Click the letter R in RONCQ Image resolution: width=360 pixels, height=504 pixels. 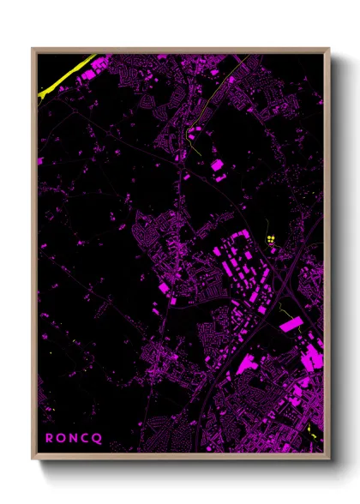(x=49, y=437)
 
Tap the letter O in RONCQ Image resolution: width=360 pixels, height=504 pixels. (x=63, y=437)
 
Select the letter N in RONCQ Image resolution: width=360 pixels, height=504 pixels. (x=75, y=437)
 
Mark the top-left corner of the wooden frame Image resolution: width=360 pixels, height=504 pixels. (x=33, y=49)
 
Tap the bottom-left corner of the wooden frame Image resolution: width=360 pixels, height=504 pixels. (x=33, y=459)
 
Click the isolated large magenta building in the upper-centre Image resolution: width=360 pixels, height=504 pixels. (x=217, y=165)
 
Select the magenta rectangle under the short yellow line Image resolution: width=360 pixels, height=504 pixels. (x=292, y=325)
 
